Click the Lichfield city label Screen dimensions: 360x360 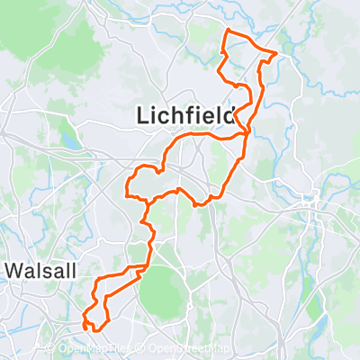pos(184,115)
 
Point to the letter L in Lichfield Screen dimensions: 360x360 pos(142,115)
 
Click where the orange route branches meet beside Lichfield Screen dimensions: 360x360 pos(247,135)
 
